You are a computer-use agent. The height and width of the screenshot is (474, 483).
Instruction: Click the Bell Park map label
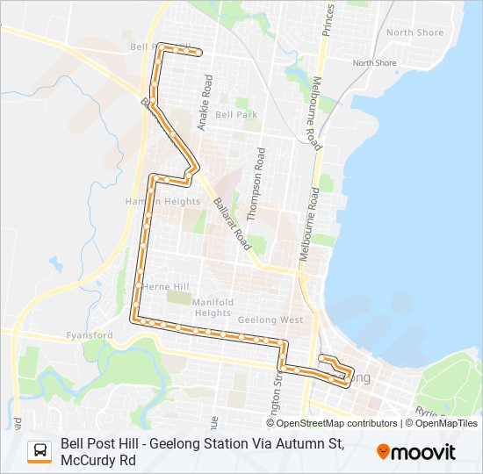235,115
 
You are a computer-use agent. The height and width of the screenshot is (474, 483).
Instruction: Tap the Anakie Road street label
206,104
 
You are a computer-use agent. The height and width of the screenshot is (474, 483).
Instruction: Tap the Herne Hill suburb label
165,286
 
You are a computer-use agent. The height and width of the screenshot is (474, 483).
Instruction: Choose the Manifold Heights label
213,307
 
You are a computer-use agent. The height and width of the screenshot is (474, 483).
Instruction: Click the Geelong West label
273,320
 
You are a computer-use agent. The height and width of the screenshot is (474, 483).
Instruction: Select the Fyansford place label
90,336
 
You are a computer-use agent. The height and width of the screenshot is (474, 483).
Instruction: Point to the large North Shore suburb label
415,32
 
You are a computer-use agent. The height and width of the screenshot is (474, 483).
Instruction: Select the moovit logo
416,452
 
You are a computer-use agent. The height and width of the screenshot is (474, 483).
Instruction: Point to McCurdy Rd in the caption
98,460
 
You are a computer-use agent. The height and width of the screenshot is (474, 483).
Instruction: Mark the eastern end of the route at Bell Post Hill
200,54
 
